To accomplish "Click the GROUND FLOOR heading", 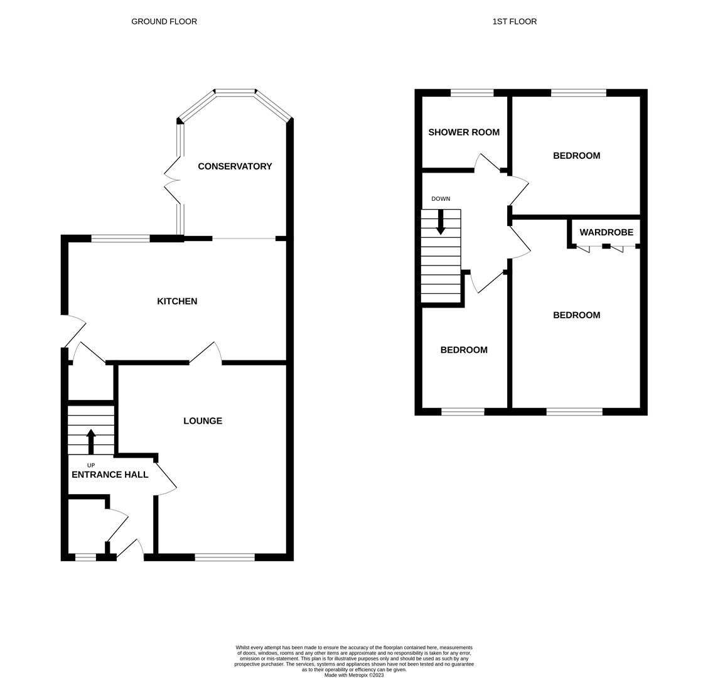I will click(164, 21).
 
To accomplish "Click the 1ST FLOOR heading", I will click(514, 21).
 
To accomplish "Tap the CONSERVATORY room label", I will click(235, 166).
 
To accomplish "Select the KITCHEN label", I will click(177, 301).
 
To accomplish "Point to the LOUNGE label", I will click(203, 421).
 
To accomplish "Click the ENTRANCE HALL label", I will click(110, 475).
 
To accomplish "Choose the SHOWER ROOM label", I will click(464, 132).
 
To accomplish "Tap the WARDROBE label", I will click(606, 232).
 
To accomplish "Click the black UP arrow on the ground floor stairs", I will click(91, 441).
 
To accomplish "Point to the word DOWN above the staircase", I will click(441, 199).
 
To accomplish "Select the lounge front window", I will click(225, 557).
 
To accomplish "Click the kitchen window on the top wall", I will click(121, 239).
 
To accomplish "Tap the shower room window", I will click(472, 93).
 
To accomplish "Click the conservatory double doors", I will click(173, 181).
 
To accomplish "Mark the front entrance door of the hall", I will click(130, 550).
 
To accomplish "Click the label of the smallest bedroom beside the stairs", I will click(464, 350).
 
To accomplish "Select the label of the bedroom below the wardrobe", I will click(576, 315).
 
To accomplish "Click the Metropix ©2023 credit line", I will click(354, 675).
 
